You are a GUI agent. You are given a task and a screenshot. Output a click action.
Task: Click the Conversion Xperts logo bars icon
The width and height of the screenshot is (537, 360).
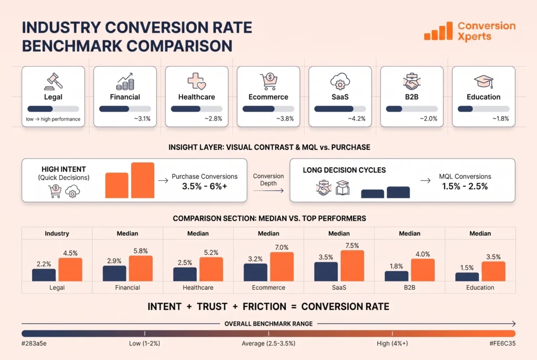pyautogui.click(x=438, y=31)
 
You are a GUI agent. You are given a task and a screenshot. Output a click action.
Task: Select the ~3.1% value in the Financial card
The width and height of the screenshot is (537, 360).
pyautogui.click(x=142, y=119)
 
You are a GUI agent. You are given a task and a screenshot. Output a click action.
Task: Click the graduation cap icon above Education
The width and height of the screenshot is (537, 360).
pyautogui.click(x=484, y=81)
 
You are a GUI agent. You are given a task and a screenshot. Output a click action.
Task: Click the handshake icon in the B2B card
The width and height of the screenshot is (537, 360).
pyautogui.click(x=412, y=81)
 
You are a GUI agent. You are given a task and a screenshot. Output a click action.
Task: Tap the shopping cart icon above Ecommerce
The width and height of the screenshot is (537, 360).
pyautogui.click(x=268, y=81)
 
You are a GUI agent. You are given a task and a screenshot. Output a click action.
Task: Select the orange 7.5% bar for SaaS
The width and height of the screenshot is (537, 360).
pyautogui.click(x=352, y=266)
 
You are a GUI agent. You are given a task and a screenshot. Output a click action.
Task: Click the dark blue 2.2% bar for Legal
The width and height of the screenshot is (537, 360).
pyautogui.click(x=44, y=275)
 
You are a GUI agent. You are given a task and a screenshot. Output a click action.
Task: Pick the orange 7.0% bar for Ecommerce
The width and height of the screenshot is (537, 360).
pyautogui.click(x=282, y=267)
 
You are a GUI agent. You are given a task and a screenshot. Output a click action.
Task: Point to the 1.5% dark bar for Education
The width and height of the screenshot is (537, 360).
pyautogui.click(x=467, y=277)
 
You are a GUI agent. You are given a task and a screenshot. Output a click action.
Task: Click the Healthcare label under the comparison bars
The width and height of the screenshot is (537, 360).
pyautogui.click(x=198, y=288)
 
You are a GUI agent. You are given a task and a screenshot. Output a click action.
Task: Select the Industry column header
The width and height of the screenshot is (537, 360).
pyautogui.click(x=57, y=234)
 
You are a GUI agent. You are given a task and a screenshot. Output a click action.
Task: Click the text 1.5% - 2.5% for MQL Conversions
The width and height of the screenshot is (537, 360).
pyautogui.click(x=464, y=186)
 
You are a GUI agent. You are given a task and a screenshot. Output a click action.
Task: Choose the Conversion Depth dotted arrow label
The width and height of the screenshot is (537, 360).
pyautogui.click(x=268, y=180)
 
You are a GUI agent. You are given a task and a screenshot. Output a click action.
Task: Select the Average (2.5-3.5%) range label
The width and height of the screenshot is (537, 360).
pyautogui.click(x=268, y=343)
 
